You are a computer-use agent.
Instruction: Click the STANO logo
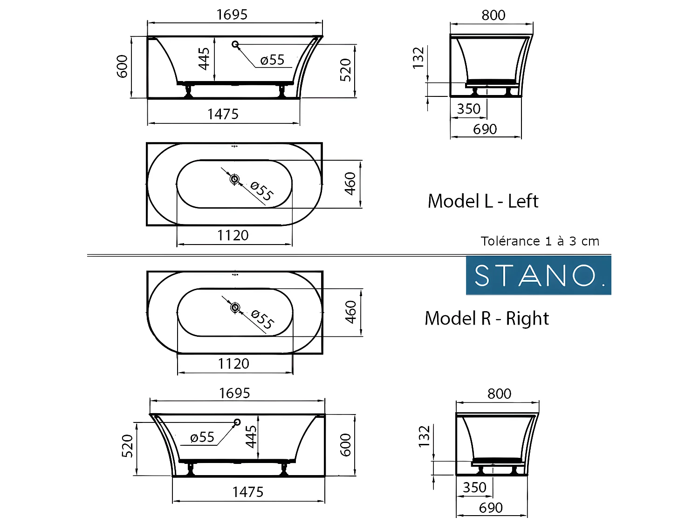pos(538,275)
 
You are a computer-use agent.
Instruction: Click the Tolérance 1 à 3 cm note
pos(540,241)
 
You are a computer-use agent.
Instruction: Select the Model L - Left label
pos(483,201)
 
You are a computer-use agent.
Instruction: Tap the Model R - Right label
pos(487,319)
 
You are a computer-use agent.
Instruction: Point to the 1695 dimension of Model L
pos(232,15)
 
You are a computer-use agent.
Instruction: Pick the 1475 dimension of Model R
pos(248,492)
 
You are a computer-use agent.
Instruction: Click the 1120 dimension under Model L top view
pos(233,235)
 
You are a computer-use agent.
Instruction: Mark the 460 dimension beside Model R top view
pos(351,312)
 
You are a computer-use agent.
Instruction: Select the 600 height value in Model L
pos(122,66)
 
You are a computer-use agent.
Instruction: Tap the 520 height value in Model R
pos(127,446)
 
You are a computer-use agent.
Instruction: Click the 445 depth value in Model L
pos(204,59)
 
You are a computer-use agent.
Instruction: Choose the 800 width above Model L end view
pos(493,15)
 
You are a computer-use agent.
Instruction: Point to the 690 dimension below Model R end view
pos(491,508)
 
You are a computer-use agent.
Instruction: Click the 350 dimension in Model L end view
pos(468,109)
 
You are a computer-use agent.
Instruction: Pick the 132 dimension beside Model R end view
pos(425,436)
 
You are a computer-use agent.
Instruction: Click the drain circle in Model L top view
pos(234,179)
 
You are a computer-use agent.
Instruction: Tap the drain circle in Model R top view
pos(235,307)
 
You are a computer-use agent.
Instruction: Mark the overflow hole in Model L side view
pos(235,44)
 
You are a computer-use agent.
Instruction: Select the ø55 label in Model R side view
pos(202,437)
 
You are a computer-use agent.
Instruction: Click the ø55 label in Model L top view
pos(261,191)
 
